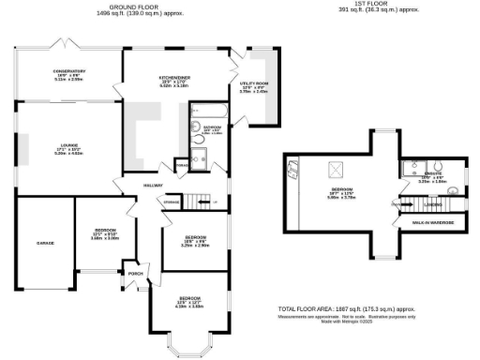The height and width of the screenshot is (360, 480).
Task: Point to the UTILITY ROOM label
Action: coord(253,83)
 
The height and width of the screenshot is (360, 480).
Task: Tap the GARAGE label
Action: coord(45,243)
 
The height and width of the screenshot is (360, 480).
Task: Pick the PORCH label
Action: coord(135,274)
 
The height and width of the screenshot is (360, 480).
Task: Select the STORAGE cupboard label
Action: coord(172,202)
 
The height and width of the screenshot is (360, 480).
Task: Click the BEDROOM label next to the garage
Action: coord(105,230)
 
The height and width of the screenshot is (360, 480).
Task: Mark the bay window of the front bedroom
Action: coord(192,348)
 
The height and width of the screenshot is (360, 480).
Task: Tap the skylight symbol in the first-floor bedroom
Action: coord(333,170)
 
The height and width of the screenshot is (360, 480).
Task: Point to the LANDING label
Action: coord(433,203)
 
